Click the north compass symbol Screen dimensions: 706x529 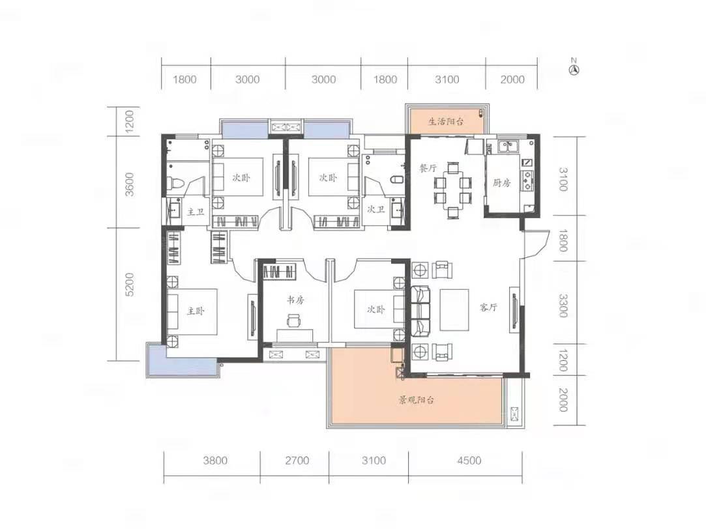pyautogui.click(x=574, y=68)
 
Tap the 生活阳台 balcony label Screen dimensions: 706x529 pyautogui.click(x=445, y=121)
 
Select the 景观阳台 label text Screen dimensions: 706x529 pyautogui.click(x=416, y=400)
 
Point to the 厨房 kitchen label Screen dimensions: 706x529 pyautogui.click(x=501, y=183)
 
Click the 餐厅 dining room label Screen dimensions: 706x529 pyautogui.click(x=428, y=168)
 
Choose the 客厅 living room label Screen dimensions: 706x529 pyautogui.click(x=488, y=307)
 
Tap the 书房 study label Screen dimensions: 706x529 pyautogui.click(x=295, y=300)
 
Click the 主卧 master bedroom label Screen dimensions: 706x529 pyautogui.click(x=196, y=311)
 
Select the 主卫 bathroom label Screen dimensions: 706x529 pyautogui.click(x=196, y=212)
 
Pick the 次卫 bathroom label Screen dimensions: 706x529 pyautogui.click(x=375, y=209)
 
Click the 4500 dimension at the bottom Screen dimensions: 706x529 pyautogui.click(x=469, y=460)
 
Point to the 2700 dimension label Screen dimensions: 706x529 pyautogui.click(x=297, y=460)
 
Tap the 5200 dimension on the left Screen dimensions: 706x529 pyautogui.click(x=130, y=284)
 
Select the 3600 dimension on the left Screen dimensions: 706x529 pyautogui.click(x=130, y=184)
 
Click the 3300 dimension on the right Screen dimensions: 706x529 pyautogui.click(x=563, y=306)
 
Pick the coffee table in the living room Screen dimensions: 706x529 pyautogui.click(x=454, y=309)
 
